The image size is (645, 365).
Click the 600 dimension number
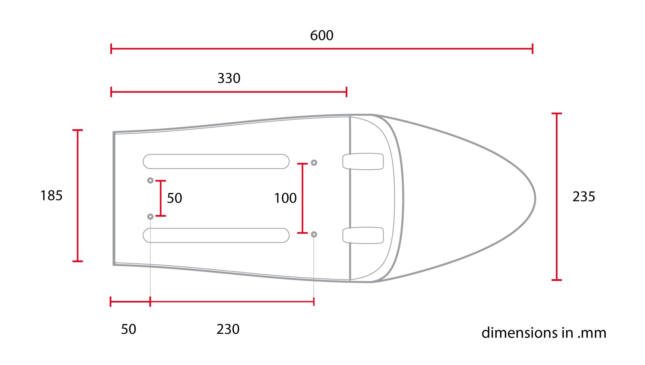[322, 36]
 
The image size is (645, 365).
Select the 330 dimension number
[229, 78]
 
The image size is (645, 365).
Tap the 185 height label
[51, 195]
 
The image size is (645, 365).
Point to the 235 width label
[584, 197]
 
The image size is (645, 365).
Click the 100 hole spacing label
[285, 198]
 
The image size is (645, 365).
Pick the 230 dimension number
[228, 329]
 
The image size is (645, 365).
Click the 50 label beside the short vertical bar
[174, 198]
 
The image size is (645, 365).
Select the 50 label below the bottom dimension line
[129, 329]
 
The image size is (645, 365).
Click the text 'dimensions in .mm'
[544, 333]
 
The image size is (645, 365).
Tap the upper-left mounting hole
[150, 181]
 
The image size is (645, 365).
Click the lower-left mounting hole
[150, 216]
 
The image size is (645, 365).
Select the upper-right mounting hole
[314, 163]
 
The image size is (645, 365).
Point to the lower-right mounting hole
[314, 234]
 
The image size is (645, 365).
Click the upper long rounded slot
[216, 162]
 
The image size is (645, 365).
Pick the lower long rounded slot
[216, 235]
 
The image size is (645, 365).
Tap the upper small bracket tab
[363, 162]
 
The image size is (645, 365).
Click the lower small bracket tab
[363, 235]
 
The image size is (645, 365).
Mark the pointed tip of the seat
[535, 198]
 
